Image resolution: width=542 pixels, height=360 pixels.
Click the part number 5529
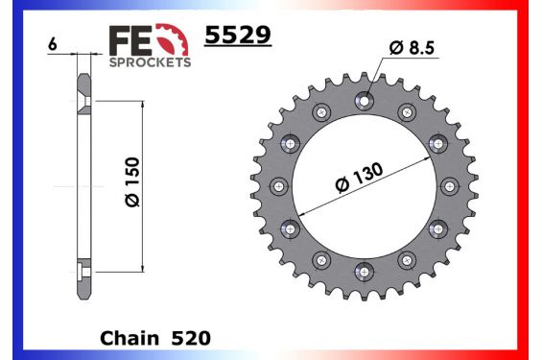[238, 37]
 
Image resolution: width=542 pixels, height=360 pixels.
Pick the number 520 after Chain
[192, 339]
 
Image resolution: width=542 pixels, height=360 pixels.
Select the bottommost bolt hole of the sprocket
[364, 271]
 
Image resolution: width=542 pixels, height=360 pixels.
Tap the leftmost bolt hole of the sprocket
[278, 185]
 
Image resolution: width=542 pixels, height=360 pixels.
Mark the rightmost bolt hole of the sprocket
[449, 185]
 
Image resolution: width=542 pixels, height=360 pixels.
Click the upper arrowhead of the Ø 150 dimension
[144, 101]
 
